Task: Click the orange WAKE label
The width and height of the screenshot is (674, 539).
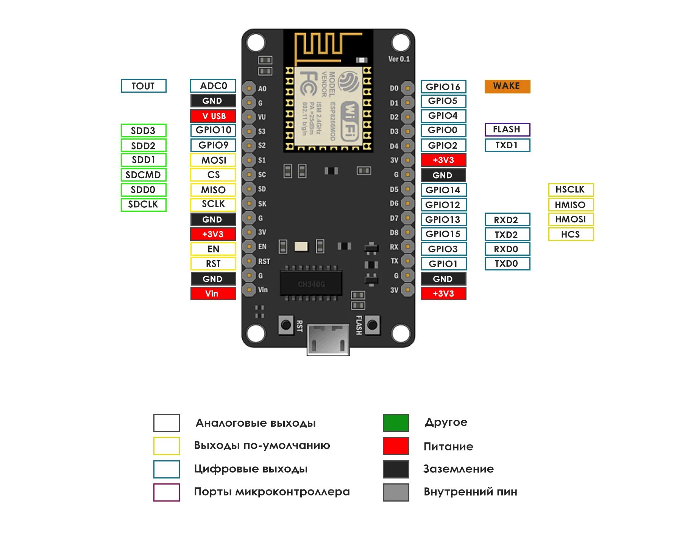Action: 507,86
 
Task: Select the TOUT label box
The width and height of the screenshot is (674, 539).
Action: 144,86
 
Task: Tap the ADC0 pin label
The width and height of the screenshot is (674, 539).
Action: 213,86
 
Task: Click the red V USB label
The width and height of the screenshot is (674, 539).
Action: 213,116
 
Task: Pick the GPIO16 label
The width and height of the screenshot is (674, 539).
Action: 443,87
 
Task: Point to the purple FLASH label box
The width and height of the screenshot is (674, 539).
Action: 507,130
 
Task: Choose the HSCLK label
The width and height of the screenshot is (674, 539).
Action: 571,190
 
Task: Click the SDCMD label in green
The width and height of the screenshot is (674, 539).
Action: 144,175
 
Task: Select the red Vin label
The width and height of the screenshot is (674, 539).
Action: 213,294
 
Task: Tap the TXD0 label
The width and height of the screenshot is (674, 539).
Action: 507,264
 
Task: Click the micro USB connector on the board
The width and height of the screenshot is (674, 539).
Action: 328,339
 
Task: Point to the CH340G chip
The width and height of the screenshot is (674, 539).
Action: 311,284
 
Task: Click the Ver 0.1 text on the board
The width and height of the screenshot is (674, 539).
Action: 399,59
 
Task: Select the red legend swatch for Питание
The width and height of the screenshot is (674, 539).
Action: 396,446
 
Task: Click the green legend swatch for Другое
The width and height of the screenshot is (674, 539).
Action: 396,423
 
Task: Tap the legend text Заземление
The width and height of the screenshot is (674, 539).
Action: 458,469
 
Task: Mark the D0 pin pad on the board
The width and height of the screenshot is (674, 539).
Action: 407,88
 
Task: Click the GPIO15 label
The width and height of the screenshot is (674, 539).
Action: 443,234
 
